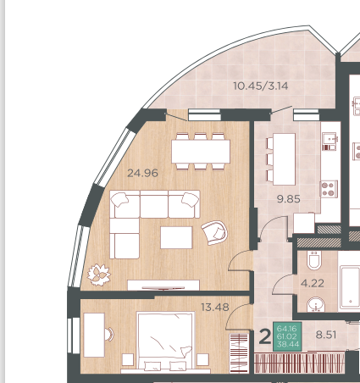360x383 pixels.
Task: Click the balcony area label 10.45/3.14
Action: [261, 86]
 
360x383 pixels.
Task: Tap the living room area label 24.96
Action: [142, 173]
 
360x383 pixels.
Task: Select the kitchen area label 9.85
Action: [289, 199]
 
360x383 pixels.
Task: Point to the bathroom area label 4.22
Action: [313, 283]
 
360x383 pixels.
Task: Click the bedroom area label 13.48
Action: [215, 307]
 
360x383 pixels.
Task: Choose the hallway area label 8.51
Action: [326, 335]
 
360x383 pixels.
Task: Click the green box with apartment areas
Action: [287, 336]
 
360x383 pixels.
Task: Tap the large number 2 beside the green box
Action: [264, 336]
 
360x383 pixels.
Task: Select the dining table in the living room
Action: [201, 152]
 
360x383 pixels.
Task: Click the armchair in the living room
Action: [214, 233]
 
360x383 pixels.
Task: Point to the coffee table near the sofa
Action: [176, 237]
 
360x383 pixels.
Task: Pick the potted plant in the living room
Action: [98, 275]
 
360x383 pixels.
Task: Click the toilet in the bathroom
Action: [314, 260]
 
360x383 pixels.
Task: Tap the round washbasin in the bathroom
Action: [316, 304]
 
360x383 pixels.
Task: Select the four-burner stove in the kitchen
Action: [329, 189]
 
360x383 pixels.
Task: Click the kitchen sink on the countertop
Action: [330, 141]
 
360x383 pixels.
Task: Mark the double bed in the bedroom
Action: [165, 341]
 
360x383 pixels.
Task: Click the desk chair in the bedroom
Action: [108, 334]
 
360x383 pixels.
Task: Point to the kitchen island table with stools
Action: [281, 159]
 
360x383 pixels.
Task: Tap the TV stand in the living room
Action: [163, 285]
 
